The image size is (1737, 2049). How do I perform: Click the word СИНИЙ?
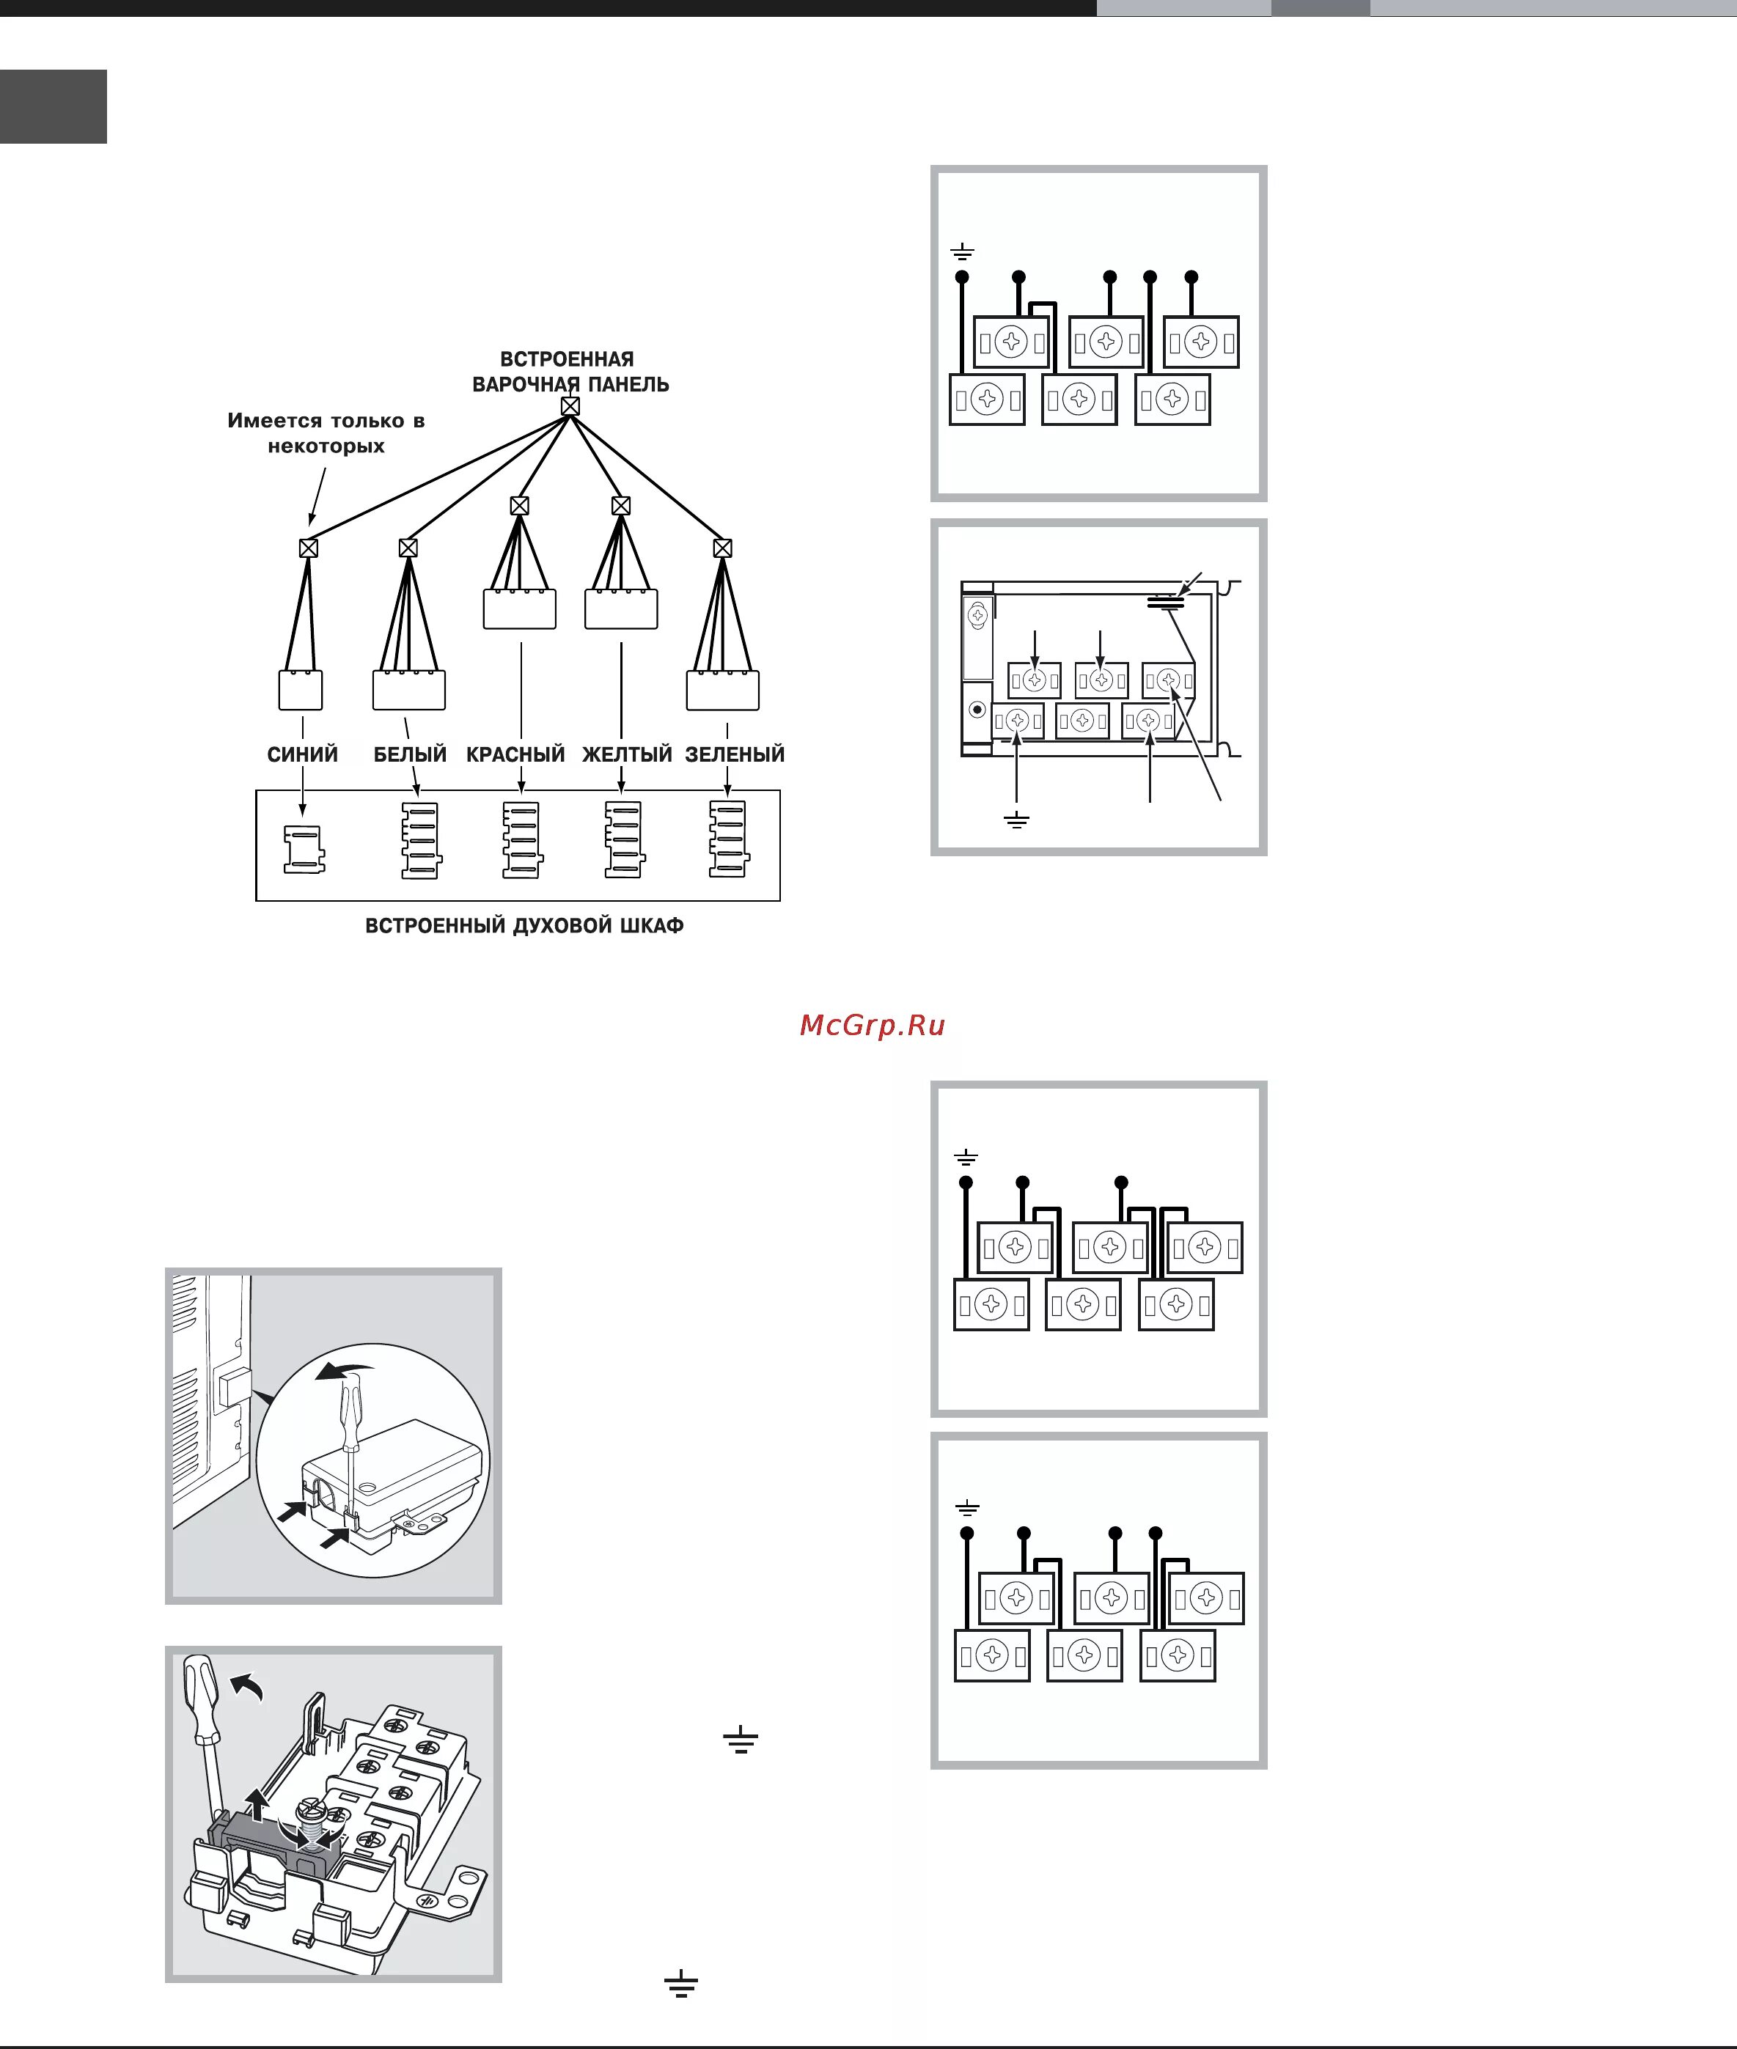tap(302, 754)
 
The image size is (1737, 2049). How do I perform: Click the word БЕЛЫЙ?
tap(410, 754)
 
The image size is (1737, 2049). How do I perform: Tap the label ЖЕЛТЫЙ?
tap(626, 754)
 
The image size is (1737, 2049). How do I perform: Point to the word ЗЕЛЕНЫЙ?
tap(735, 754)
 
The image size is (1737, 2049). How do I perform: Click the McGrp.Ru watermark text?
tap(873, 1025)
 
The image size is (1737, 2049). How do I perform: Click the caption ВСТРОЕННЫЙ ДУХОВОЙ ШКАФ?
tap(524, 926)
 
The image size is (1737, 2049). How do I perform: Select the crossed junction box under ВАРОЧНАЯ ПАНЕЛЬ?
tap(570, 405)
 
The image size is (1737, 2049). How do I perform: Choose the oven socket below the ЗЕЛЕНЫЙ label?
tap(727, 840)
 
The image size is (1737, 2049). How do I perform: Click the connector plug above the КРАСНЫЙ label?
tap(520, 608)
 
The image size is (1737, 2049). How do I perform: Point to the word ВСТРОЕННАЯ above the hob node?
tap(568, 359)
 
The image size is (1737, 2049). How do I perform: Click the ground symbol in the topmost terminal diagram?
tap(962, 253)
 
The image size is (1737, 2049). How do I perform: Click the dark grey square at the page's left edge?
tap(54, 106)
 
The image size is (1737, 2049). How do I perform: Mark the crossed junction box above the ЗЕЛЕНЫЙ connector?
tap(723, 548)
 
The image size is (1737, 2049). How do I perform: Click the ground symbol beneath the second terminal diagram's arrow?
tap(1016, 820)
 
